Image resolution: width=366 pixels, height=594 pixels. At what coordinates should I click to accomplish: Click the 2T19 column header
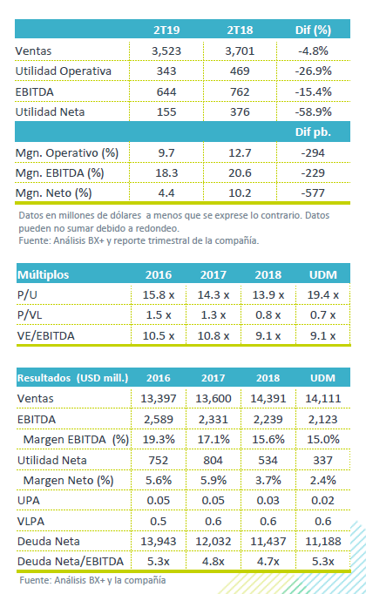(x=166, y=30)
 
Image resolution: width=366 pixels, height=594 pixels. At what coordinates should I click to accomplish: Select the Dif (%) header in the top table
(x=313, y=30)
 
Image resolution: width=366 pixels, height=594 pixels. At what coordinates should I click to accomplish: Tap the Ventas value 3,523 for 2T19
(x=166, y=51)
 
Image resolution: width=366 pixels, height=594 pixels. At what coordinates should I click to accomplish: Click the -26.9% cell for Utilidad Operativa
(x=314, y=71)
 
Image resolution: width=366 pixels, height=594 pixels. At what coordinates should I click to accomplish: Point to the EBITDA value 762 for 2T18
(x=240, y=91)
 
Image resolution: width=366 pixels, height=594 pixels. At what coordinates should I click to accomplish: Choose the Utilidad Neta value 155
(x=166, y=112)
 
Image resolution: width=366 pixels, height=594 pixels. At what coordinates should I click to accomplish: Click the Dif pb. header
(x=313, y=132)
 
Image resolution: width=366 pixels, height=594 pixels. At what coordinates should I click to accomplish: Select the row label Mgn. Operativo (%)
(x=67, y=153)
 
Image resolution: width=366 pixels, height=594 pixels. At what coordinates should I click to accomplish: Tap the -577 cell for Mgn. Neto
(x=313, y=193)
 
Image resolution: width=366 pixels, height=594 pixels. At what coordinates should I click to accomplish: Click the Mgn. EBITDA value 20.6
(x=240, y=173)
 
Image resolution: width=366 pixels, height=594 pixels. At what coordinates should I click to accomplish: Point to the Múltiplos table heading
(x=44, y=274)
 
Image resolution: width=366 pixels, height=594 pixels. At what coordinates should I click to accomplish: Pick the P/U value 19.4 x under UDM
(x=322, y=294)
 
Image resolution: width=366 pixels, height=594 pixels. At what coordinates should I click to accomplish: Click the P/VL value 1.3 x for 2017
(x=213, y=314)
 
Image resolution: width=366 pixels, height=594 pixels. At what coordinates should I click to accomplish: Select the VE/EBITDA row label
(x=46, y=335)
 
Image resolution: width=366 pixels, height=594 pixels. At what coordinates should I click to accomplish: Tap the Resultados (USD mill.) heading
(x=72, y=378)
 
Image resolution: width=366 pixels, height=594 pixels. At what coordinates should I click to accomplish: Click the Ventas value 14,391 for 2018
(x=268, y=399)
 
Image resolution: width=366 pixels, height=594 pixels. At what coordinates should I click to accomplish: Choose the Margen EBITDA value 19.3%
(x=159, y=440)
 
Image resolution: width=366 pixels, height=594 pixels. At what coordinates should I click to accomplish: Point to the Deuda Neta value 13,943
(x=159, y=542)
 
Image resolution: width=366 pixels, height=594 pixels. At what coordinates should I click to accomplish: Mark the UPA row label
(x=29, y=501)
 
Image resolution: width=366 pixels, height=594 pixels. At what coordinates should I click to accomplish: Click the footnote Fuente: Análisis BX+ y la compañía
(x=93, y=580)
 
